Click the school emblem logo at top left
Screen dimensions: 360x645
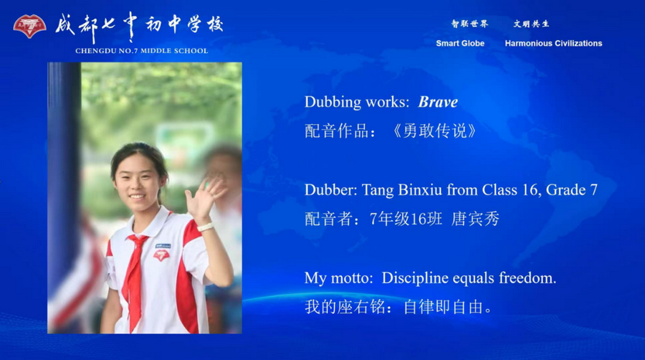click(29, 27)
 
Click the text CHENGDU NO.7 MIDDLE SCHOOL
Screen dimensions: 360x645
click(141, 51)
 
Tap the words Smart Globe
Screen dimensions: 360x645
click(460, 44)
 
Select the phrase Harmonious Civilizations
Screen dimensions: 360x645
click(553, 44)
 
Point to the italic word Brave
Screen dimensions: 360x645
click(438, 102)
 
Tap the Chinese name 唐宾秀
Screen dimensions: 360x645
click(475, 219)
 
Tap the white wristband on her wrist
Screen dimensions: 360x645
click(206, 227)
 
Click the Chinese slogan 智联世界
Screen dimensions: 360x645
click(469, 24)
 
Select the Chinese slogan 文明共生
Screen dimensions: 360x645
click(531, 24)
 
